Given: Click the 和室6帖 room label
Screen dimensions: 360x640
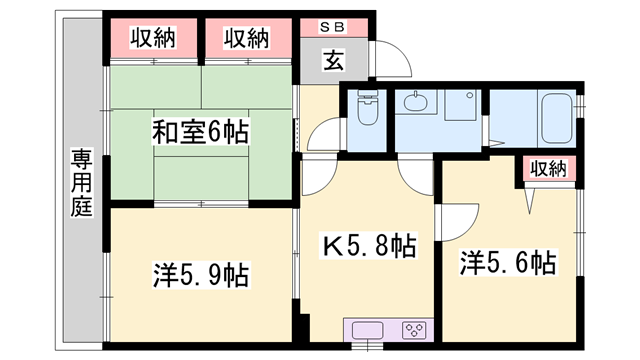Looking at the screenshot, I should click(200, 131).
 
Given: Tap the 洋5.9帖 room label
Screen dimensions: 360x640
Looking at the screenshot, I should click(201, 273).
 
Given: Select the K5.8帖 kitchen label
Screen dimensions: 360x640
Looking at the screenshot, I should click(367, 245).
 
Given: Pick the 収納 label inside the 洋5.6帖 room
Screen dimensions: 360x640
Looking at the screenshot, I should click(548, 169).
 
